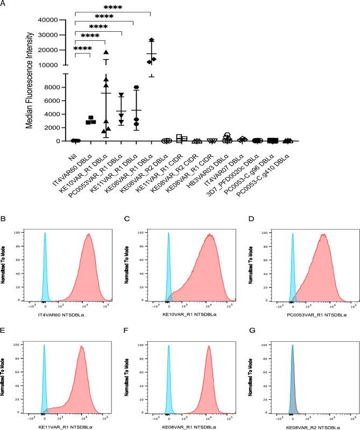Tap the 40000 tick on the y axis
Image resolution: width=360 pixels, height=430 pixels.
click(46, 20)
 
